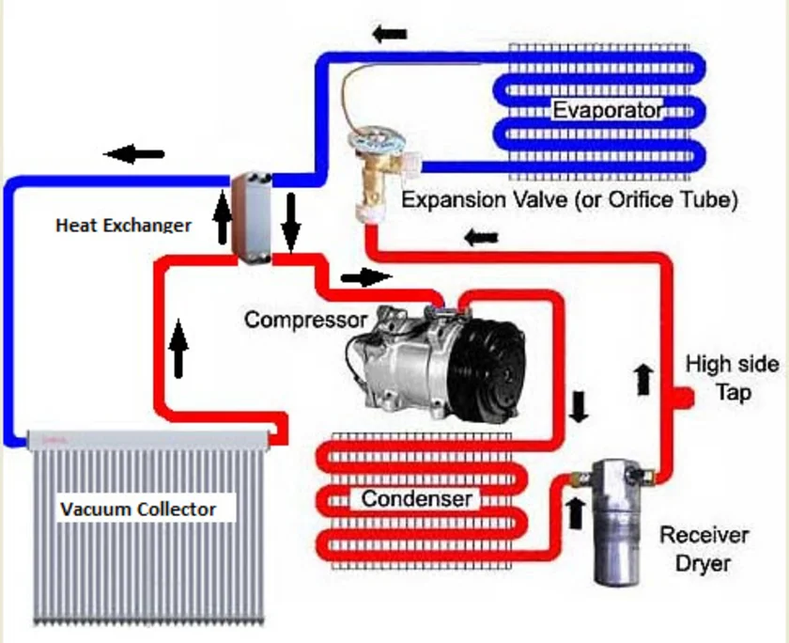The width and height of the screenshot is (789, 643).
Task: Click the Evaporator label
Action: coord(607,111)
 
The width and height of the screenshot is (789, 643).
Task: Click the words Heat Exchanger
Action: coord(123,226)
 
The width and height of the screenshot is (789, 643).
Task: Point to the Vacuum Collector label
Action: coord(138,510)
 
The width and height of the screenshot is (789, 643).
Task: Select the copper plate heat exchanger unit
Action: coord(251,212)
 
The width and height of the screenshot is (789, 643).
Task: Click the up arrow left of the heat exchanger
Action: coord(223,217)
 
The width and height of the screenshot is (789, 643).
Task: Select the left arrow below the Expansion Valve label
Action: coord(481,237)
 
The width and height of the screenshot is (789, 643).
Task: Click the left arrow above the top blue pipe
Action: coord(388,35)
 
